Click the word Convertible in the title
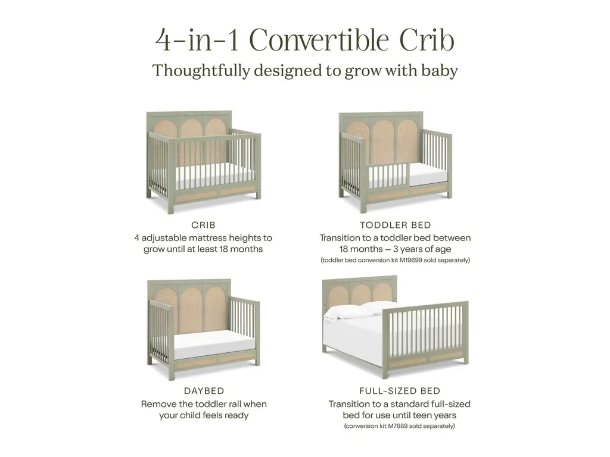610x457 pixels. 319,40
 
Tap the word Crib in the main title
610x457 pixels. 427,40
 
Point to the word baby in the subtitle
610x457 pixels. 441,71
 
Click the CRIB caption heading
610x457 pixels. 203,225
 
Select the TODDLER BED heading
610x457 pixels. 396,225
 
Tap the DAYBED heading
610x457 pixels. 204,391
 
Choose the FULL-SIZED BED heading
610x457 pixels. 400,391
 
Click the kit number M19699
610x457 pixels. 411,260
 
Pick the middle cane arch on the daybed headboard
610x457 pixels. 192,307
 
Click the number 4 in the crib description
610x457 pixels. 136,238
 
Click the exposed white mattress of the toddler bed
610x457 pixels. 428,175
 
